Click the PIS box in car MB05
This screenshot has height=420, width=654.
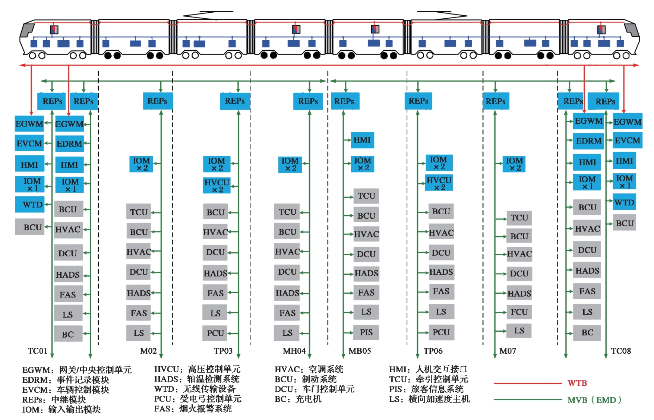(x=366, y=332)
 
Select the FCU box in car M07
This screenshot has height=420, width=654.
(x=519, y=312)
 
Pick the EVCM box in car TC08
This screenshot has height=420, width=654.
(x=627, y=140)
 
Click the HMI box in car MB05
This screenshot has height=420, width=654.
(x=362, y=140)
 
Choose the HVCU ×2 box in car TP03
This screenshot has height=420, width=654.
(x=216, y=186)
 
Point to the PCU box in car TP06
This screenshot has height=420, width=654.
(x=441, y=332)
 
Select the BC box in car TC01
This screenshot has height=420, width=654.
(x=68, y=334)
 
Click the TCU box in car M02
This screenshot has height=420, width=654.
(x=139, y=212)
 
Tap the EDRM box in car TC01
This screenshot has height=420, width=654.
(x=69, y=144)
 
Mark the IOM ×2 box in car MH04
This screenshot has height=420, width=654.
(x=290, y=164)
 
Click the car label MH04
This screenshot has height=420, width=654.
(x=294, y=351)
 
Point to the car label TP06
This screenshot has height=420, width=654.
(x=433, y=351)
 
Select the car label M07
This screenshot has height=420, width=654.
(x=508, y=351)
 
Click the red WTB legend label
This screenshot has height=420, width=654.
(x=577, y=383)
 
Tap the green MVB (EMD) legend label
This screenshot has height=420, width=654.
(x=594, y=400)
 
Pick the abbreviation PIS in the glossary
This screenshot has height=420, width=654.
(x=397, y=389)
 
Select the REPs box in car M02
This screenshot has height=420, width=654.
(x=158, y=101)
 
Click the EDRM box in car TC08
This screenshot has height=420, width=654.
(x=588, y=141)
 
